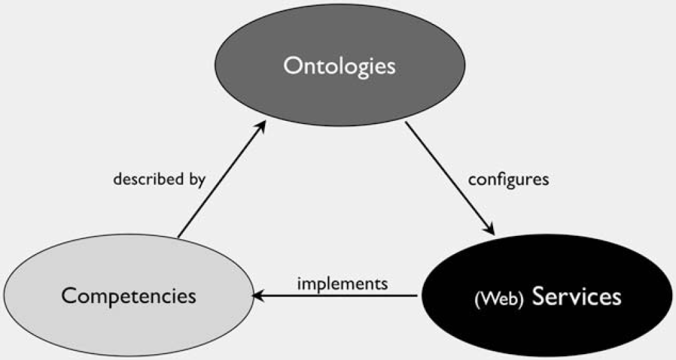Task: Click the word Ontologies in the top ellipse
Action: pyautogui.click(x=339, y=67)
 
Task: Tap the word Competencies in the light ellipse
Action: pyautogui.click(x=129, y=297)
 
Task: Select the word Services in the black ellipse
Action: pyautogui.click(x=577, y=296)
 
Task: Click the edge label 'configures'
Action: pyautogui.click(x=509, y=180)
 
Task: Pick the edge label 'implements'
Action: pyautogui.click(x=343, y=284)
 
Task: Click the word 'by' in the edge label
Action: pyautogui.click(x=197, y=180)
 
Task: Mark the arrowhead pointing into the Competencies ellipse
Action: pyautogui.click(x=259, y=296)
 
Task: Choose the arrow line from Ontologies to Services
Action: pyautogui.click(x=450, y=178)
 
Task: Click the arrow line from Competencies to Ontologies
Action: pyautogui.click(x=222, y=179)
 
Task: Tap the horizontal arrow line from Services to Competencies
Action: pyautogui.click(x=335, y=296)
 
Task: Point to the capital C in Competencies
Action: pyautogui.click(x=69, y=296)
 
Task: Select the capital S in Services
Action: pyautogui.click(x=540, y=296)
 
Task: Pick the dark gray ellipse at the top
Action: pyautogui.click(x=340, y=65)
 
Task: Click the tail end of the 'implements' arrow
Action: pyautogui.click(x=417, y=296)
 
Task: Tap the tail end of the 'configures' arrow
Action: pyautogui.click(x=405, y=122)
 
